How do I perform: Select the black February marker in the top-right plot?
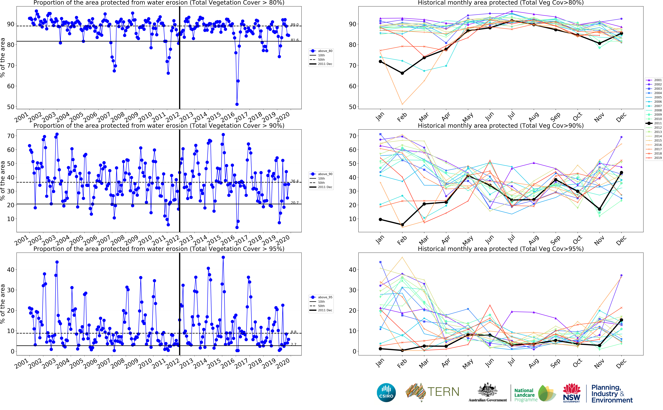coord(402,73)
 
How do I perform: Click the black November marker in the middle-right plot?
coord(599,209)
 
